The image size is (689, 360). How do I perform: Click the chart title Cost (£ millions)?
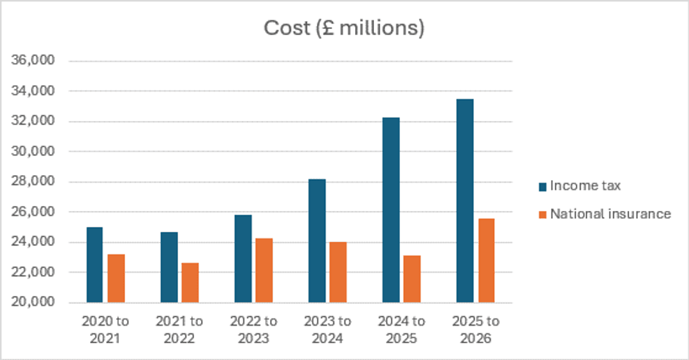pos(344,28)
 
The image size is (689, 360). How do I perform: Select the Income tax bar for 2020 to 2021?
pos(94,265)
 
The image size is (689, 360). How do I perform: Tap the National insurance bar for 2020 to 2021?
pos(116,278)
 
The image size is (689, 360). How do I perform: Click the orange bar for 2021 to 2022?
pos(190,283)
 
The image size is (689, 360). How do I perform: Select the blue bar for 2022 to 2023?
pos(243,259)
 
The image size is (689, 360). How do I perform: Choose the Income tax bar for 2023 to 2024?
pos(317,241)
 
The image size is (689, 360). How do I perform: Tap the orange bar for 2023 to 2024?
pos(338,272)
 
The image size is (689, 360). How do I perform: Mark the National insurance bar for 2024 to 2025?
pos(412,279)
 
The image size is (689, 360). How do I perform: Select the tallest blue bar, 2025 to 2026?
pos(465,201)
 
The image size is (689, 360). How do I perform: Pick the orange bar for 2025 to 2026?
pos(487,261)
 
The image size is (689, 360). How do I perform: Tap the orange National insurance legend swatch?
pos(541,214)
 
